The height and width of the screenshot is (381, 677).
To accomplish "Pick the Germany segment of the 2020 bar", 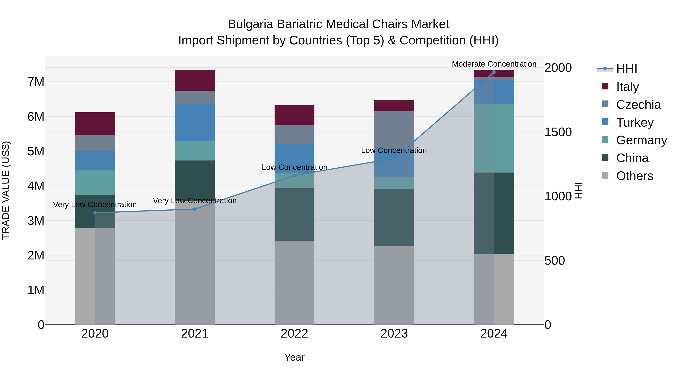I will point(95,183).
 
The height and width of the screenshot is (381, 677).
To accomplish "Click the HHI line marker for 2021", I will point(195,209).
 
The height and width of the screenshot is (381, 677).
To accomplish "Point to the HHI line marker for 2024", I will point(494,72).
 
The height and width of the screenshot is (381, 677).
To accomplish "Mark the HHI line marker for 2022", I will point(294,175).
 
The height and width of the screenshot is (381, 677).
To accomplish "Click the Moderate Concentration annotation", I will point(494,64).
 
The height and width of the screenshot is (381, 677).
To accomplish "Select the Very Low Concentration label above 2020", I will point(95,204).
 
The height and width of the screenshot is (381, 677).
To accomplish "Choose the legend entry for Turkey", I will point(634,122).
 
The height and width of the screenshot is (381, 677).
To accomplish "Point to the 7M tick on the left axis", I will point(36,82).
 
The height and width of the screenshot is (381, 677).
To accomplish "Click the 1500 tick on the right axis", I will point(558,132).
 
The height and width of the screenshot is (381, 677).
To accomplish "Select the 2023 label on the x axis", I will point(394,333).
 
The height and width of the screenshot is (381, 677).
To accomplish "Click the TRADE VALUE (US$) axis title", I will point(6,190).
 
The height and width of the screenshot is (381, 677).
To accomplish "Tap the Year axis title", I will point(294,357).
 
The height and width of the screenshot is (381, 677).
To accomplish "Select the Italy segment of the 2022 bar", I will point(294,115).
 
